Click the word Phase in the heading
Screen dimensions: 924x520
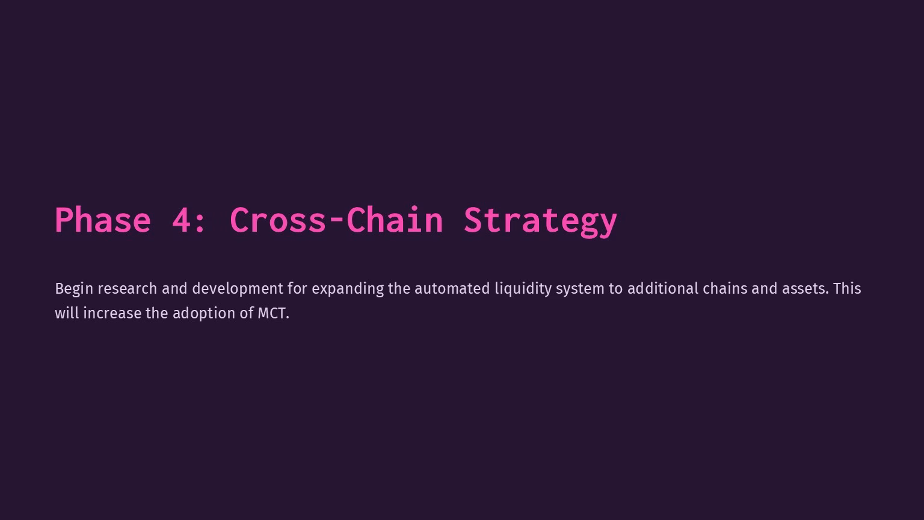(103, 220)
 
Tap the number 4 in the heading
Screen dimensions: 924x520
(181, 220)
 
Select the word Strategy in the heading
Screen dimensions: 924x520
(540, 221)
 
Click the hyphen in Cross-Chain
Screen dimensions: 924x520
(337, 222)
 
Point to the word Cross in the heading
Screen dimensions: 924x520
(277, 220)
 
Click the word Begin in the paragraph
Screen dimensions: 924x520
(74, 289)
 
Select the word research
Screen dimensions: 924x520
(128, 288)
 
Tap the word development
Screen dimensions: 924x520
(238, 289)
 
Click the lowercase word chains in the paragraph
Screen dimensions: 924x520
(725, 288)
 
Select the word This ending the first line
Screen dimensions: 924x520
(847, 288)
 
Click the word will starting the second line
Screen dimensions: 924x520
(67, 313)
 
